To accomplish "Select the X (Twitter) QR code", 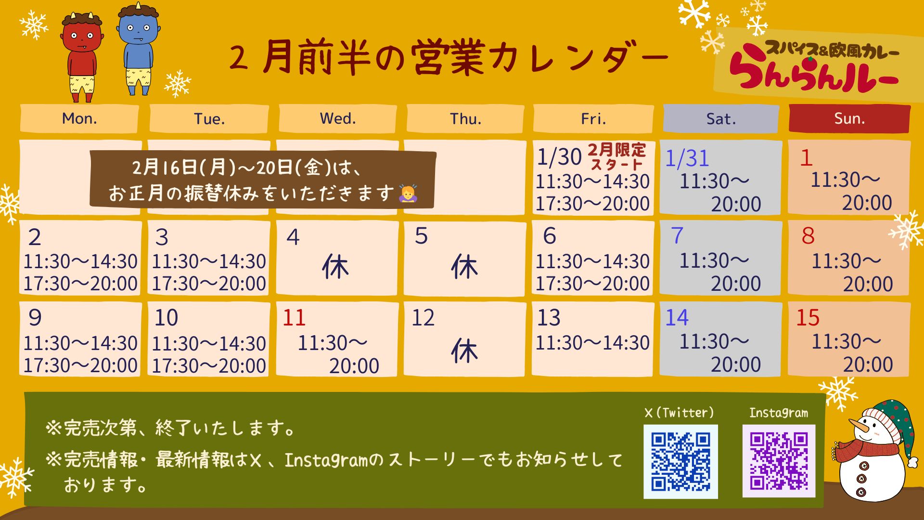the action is click(680, 461).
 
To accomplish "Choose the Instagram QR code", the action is click(779, 461).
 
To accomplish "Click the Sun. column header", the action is click(849, 118).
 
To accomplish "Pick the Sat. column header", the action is click(721, 118).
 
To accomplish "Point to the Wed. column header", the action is click(338, 118).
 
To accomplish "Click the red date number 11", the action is click(294, 318).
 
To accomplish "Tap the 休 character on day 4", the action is click(335, 267).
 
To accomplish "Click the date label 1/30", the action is click(559, 157).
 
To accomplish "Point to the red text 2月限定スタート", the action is click(617, 157).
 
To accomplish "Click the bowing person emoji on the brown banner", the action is click(408, 193).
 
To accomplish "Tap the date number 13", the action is click(549, 318).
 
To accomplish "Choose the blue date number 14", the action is click(677, 318).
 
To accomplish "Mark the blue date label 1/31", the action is click(687, 158).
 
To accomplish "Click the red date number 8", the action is click(808, 236).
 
